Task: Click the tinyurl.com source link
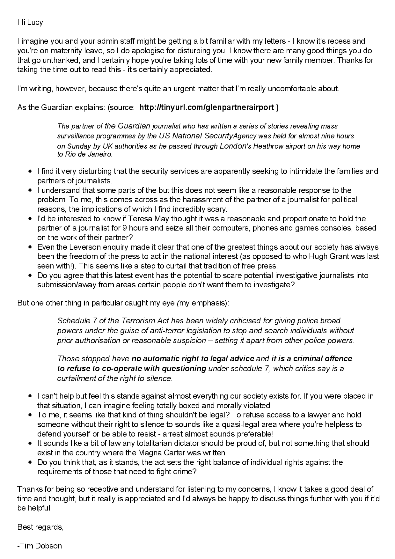click(x=209, y=107)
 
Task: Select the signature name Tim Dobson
click(x=40, y=546)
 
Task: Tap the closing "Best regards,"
click(x=40, y=527)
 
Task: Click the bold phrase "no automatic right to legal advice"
click(x=193, y=359)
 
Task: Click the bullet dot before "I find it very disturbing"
click(x=30, y=172)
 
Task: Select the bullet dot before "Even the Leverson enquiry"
click(x=30, y=247)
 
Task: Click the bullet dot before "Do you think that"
click(x=30, y=462)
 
